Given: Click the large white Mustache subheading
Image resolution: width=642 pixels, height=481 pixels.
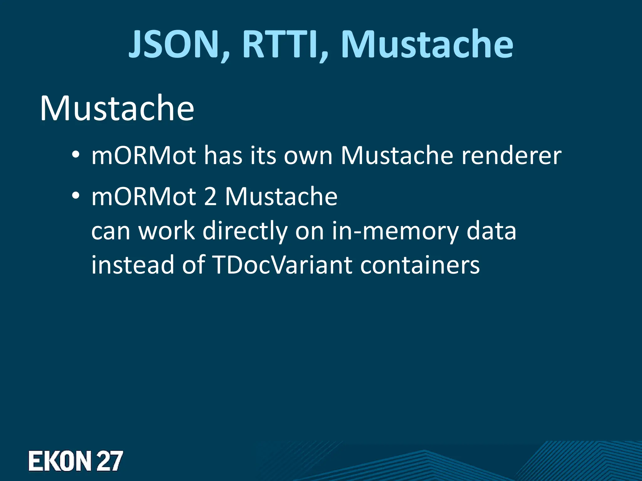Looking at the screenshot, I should tap(117, 108).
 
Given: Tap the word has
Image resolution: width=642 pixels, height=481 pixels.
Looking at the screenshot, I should tap(223, 155).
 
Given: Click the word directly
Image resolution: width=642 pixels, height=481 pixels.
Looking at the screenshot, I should tap(245, 231).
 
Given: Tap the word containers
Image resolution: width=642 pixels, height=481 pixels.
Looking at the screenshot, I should tap(420, 265).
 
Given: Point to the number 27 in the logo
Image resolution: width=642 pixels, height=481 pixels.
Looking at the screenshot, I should tap(109, 461).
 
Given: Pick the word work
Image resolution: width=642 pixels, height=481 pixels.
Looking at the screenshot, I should tap(167, 231).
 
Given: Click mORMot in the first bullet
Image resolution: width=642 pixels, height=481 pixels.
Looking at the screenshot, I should tap(144, 155).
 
